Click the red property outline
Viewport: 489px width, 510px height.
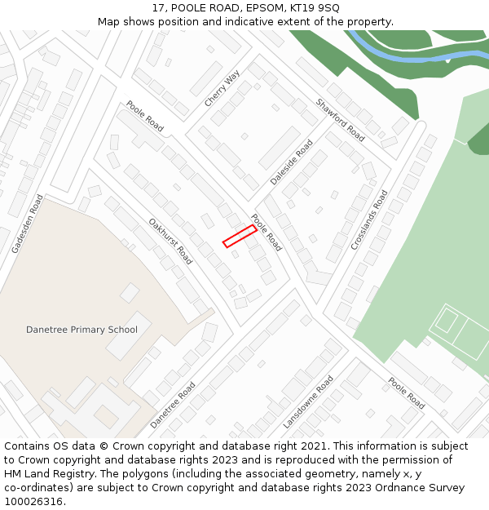click(x=240, y=236)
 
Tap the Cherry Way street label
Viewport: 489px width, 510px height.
click(x=222, y=88)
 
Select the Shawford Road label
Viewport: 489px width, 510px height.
click(x=340, y=119)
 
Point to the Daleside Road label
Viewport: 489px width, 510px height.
click(x=292, y=162)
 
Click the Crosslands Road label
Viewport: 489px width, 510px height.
click(x=369, y=220)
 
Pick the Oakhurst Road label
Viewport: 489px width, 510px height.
click(x=170, y=241)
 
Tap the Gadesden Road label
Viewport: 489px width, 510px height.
click(x=27, y=224)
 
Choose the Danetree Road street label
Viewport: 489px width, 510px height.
click(x=173, y=405)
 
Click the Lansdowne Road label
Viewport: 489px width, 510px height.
click(x=308, y=402)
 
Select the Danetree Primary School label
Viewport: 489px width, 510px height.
click(x=81, y=330)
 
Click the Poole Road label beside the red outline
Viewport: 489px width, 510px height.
click(x=266, y=232)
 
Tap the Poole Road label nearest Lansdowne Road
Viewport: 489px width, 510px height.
click(x=406, y=393)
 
